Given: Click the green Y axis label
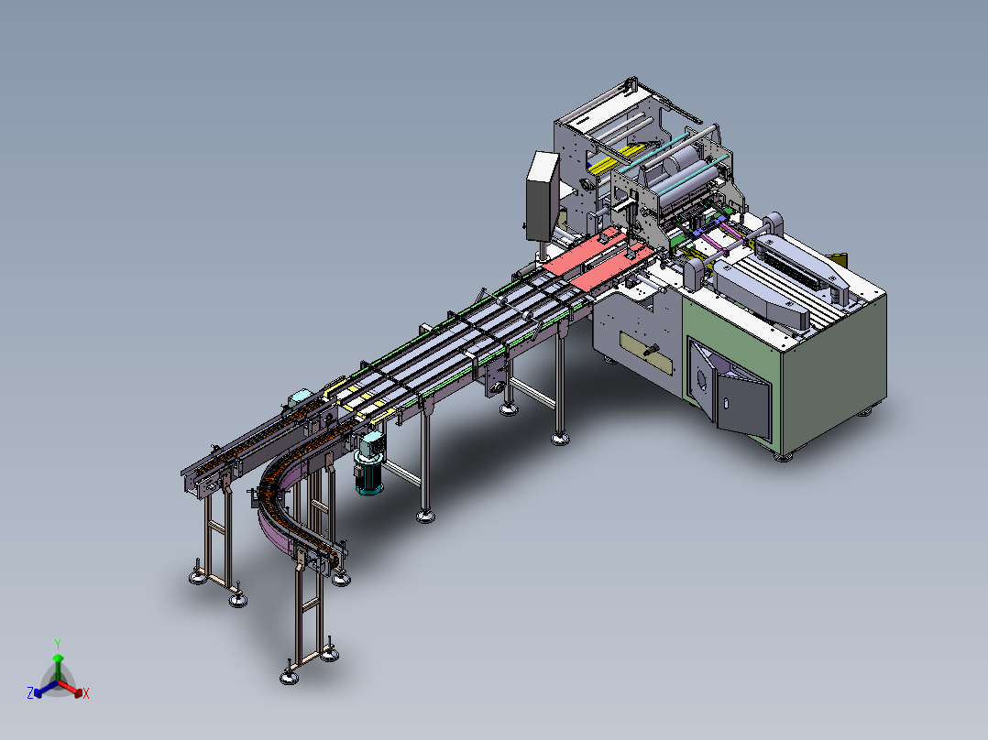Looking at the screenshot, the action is (58, 644).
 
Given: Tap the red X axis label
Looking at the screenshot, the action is (86, 693).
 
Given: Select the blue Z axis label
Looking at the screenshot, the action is (30, 692).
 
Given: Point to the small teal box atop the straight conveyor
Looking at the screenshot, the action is (300, 398).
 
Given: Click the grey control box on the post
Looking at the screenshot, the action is (543, 196).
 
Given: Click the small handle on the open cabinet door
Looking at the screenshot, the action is (725, 402).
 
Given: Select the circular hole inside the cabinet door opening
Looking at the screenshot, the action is (702, 379).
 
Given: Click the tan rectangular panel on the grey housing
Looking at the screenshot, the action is (646, 354).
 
